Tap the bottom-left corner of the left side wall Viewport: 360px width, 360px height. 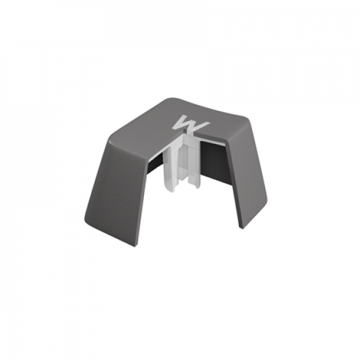click(85, 220)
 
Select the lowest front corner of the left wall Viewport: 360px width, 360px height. click(135, 247)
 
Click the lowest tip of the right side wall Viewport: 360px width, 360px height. click(241, 228)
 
